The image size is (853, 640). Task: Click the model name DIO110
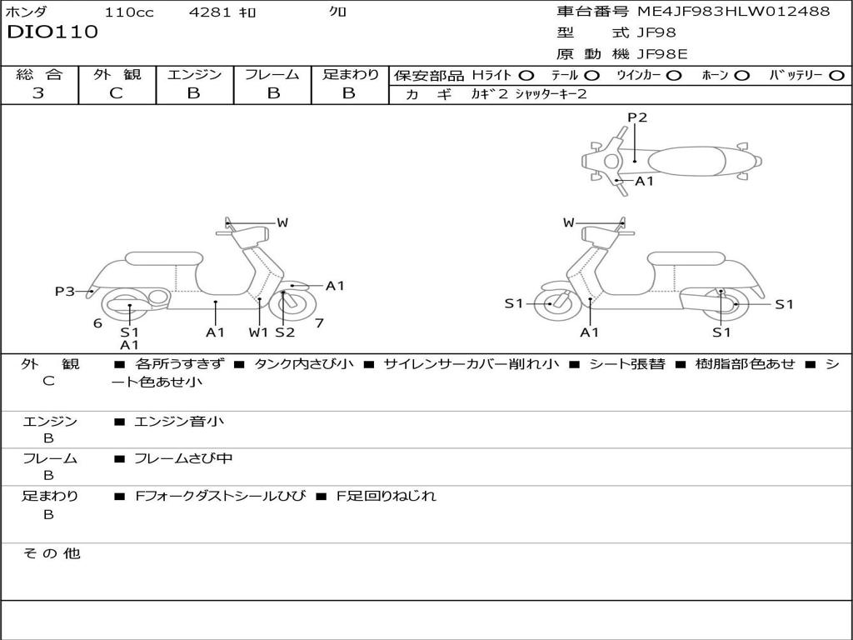coord(52,32)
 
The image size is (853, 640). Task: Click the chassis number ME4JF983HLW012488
coord(734,12)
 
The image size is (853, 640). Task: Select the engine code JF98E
coord(662,54)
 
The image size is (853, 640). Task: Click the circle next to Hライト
coord(526,76)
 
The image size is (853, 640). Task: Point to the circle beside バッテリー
coord(836,76)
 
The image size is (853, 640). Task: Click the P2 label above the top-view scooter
coord(637,117)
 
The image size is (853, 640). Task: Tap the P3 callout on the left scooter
coord(64,291)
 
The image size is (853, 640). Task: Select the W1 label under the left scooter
coord(258,332)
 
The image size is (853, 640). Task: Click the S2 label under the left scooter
coord(285,332)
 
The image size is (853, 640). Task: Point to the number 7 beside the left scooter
coord(319,323)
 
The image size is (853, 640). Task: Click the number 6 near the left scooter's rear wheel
coord(98,323)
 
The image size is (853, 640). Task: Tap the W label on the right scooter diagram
coord(568,222)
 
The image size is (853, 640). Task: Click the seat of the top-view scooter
coord(686,162)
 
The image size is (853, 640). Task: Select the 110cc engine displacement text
coord(129,12)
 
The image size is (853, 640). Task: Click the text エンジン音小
coord(178,421)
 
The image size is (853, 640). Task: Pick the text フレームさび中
coord(183,459)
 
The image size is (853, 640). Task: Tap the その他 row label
coord(51,553)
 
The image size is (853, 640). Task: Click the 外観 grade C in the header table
coord(116,93)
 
